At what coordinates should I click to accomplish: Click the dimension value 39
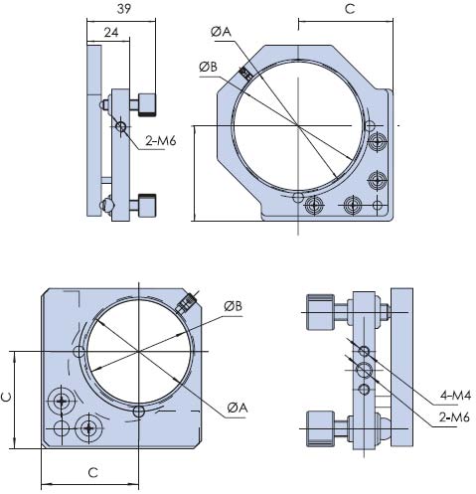click(124, 9)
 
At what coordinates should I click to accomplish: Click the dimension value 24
click(111, 33)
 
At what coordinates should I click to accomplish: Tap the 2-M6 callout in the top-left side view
click(161, 141)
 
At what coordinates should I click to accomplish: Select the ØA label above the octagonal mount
click(221, 32)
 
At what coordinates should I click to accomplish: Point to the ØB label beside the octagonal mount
click(209, 68)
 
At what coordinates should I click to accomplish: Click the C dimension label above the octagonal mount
click(350, 9)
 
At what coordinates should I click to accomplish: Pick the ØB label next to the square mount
click(234, 306)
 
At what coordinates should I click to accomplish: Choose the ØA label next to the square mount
click(238, 408)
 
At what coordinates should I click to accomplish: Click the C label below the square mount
click(93, 473)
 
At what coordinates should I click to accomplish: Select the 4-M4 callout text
click(455, 395)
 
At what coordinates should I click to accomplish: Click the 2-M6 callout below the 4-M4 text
click(454, 417)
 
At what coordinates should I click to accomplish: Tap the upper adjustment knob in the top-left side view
click(147, 105)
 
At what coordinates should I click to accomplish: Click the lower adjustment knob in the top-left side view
click(147, 206)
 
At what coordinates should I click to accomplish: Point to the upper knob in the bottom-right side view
click(320, 312)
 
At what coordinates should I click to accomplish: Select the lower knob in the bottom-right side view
click(320, 428)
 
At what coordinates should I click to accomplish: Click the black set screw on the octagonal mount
click(245, 74)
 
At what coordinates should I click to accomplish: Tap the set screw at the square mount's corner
click(187, 303)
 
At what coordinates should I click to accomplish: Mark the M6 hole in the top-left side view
click(120, 126)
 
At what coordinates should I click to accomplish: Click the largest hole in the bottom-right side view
click(364, 370)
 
